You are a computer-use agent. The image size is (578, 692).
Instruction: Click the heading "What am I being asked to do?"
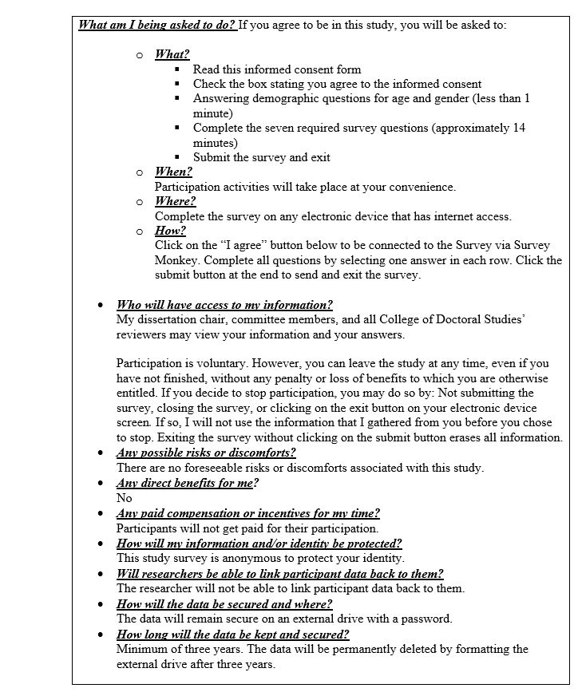tap(156, 25)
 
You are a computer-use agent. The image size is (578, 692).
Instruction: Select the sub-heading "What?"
tap(172, 54)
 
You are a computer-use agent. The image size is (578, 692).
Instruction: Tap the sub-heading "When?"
tap(173, 172)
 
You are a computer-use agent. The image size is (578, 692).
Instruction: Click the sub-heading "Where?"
tap(175, 202)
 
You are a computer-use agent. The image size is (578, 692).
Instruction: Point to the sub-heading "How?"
tap(170, 231)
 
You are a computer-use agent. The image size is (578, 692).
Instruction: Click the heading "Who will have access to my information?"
tap(224, 305)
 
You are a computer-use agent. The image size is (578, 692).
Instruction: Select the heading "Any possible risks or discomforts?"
tap(206, 453)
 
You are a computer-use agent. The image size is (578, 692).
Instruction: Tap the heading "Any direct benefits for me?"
tap(188, 484)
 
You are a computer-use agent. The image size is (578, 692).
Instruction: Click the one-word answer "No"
tap(124, 498)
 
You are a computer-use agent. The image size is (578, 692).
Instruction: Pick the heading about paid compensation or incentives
tap(247, 513)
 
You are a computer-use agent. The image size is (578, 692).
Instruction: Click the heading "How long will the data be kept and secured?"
tap(232, 635)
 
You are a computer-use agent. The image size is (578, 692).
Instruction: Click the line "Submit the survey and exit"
tap(261, 157)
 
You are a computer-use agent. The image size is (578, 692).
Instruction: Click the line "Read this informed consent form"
tap(276, 69)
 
